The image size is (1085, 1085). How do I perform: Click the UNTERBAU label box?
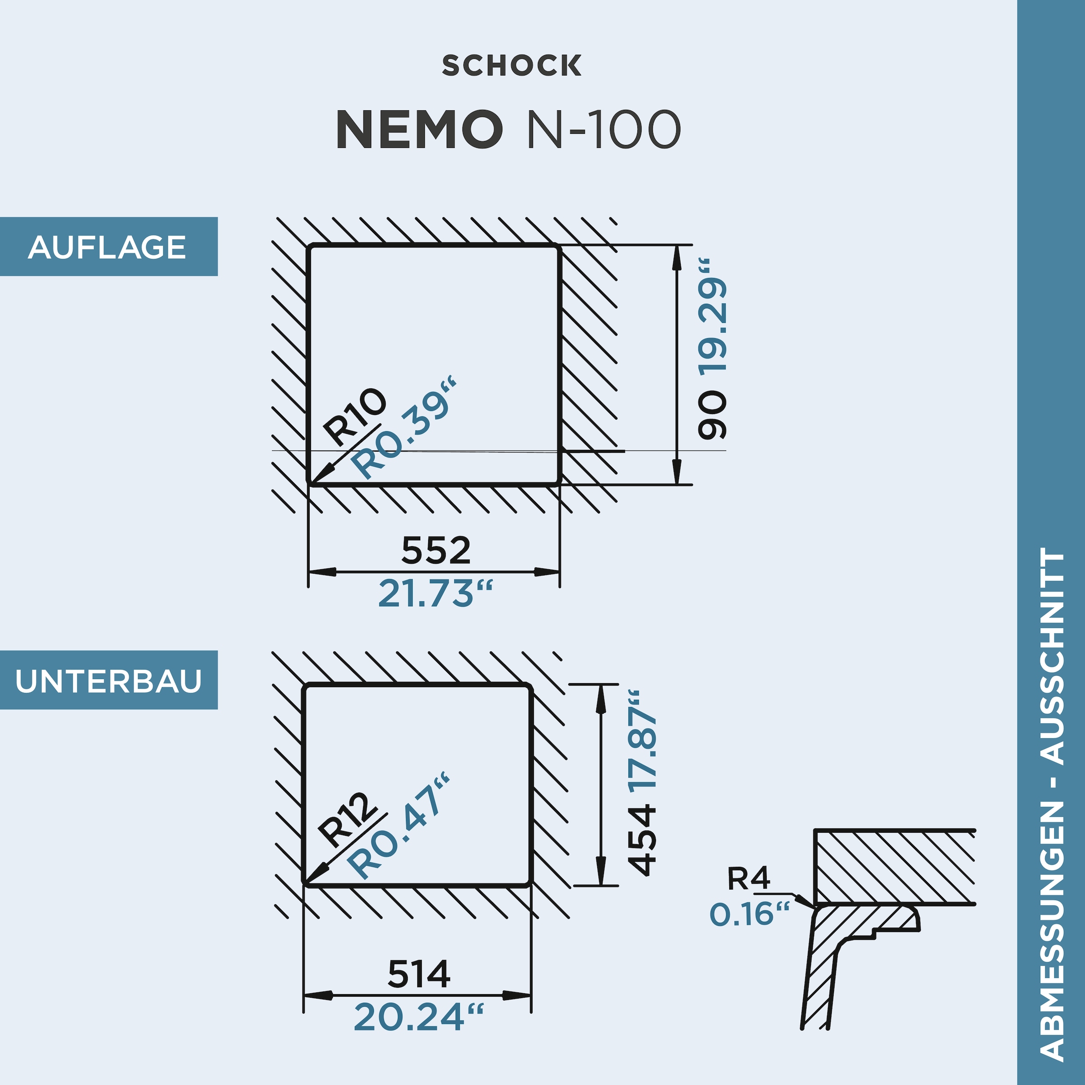pos(108,681)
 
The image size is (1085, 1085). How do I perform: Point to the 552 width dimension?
pos(436,550)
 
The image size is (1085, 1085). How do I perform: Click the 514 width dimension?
pos(419,974)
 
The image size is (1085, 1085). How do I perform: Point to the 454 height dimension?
pos(642,840)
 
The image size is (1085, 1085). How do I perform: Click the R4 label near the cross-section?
pos(748,879)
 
